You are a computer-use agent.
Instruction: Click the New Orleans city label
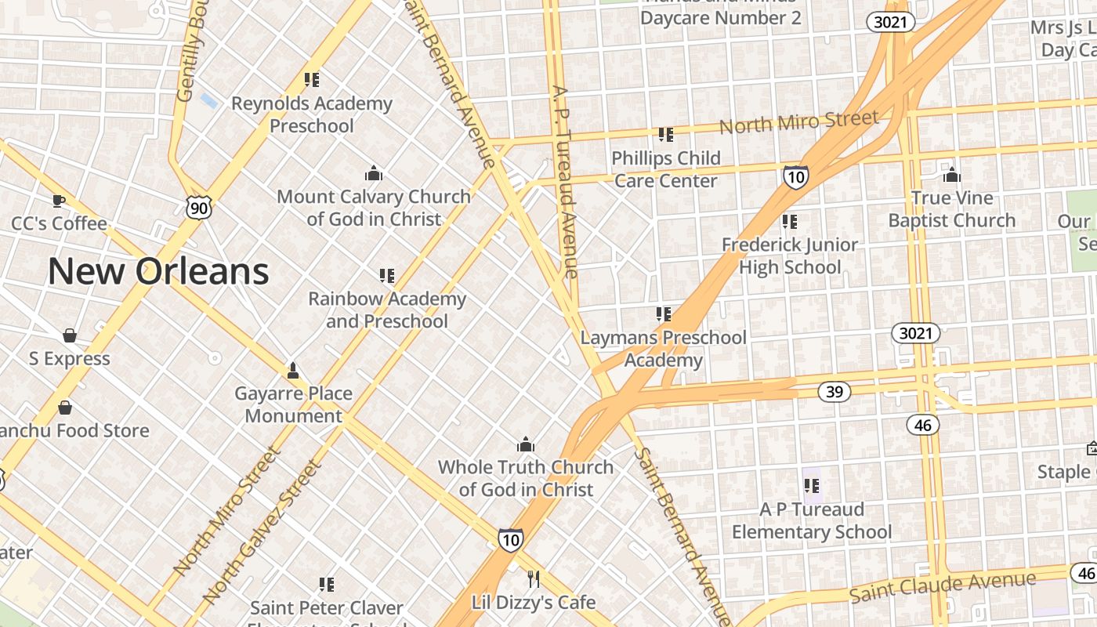click(x=158, y=271)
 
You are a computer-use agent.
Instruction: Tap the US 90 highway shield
click(x=198, y=208)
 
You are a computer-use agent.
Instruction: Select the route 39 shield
click(x=835, y=391)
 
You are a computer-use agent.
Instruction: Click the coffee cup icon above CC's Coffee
click(x=59, y=201)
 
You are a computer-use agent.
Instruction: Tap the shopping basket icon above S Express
click(x=70, y=335)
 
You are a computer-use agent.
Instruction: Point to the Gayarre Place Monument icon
click(x=293, y=370)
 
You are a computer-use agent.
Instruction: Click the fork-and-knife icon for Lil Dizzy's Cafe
click(x=534, y=579)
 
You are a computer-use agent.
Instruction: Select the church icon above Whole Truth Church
click(x=526, y=444)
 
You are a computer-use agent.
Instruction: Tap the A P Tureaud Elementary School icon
click(x=812, y=486)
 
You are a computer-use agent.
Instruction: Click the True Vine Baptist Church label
click(x=951, y=209)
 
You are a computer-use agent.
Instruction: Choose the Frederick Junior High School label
click(x=790, y=256)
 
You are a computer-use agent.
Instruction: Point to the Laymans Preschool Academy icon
click(x=664, y=314)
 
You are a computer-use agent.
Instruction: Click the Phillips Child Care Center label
click(x=665, y=169)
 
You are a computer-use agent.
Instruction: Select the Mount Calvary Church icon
click(x=374, y=173)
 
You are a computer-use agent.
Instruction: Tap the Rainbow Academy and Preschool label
click(x=387, y=310)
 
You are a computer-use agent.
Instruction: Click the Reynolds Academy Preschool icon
click(x=312, y=79)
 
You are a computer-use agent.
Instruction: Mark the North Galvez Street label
click(x=262, y=532)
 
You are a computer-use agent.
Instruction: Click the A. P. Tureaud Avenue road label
click(x=565, y=182)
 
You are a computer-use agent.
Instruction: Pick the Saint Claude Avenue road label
click(x=943, y=588)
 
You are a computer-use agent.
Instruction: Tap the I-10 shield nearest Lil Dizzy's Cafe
click(x=510, y=539)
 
